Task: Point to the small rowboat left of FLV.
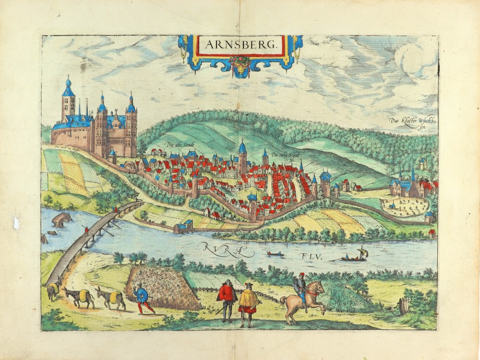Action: tap(275, 253)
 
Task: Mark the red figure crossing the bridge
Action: tap(86, 231)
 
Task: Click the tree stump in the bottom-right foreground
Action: tap(404, 305)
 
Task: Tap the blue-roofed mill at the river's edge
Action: tap(184, 226)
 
